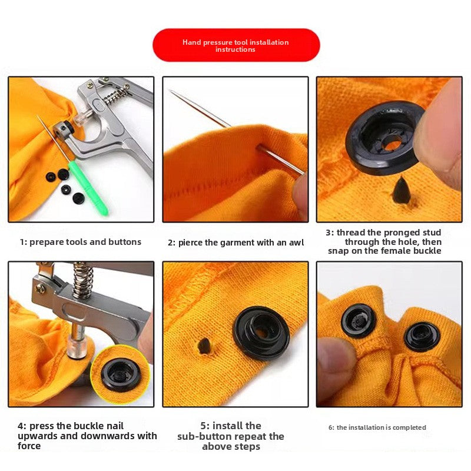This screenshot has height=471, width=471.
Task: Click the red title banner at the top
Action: click(235, 45)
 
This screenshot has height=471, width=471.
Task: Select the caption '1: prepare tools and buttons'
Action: click(81, 242)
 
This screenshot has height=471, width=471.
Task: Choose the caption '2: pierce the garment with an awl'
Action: click(235, 243)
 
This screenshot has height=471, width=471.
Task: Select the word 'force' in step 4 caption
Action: click(29, 446)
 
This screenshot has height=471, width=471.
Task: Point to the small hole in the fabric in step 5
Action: click(203, 346)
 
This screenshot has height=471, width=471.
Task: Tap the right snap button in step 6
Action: click(422, 336)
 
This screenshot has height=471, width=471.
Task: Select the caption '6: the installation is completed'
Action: click(377, 427)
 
